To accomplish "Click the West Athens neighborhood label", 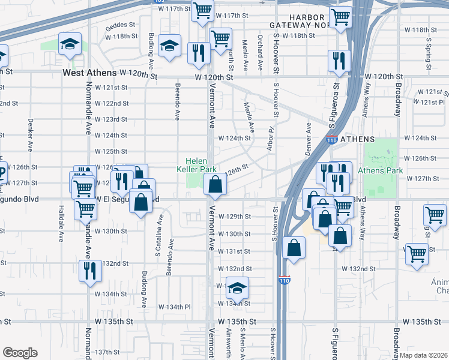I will pos(89,73).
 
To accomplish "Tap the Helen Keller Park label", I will pos(200,165).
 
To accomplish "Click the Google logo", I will pos(20,352).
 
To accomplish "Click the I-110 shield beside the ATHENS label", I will pos(331,140).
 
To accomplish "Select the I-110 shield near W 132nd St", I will pos(285,280).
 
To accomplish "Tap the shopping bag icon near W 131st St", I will pos(294,248).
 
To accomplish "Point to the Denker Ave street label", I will pos(30,134).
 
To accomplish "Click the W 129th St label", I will pos(234,217).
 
